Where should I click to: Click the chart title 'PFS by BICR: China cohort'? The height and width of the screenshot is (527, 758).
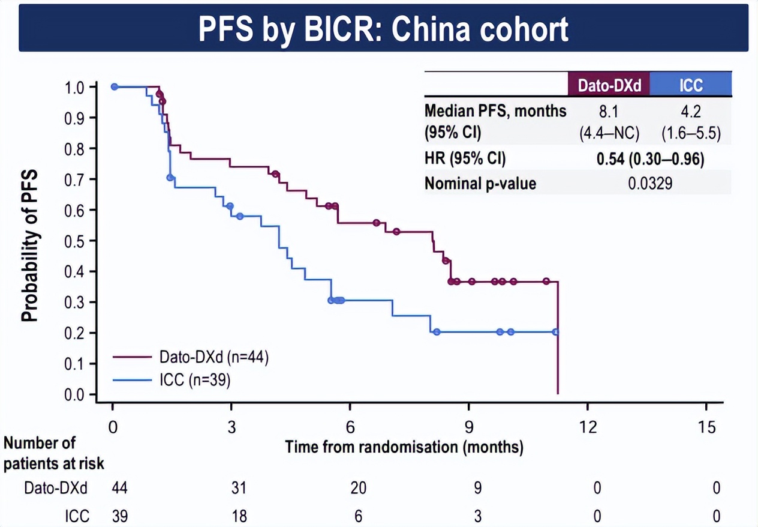coord(383,29)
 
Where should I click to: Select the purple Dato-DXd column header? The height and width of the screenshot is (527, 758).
coord(609,85)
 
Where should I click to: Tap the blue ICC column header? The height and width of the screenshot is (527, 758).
coord(691,85)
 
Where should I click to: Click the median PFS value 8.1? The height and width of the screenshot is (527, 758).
coord(609,112)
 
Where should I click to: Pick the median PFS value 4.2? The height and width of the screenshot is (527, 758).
coord(691,112)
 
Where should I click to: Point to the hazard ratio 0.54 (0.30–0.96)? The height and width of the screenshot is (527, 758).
coord(650,159)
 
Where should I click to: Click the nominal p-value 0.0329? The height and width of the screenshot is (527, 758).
coord(650,184)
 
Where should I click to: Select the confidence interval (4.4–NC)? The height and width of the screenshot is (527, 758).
coord(609,134)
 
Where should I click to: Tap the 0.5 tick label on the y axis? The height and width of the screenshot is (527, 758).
coord(74,241)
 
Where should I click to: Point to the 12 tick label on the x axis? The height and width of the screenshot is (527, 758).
coord(588,427)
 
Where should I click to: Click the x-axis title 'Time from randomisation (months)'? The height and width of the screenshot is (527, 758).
coord(404,447)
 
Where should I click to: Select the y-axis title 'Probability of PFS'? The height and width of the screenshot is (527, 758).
coord(29,245)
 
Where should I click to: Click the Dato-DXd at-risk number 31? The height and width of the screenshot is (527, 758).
coord(239,488)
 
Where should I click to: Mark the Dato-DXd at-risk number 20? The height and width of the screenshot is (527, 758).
coord(359,488)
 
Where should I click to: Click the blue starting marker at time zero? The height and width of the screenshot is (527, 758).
coord(115,86)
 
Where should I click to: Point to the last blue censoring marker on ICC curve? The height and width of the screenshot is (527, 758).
coord(556,332)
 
